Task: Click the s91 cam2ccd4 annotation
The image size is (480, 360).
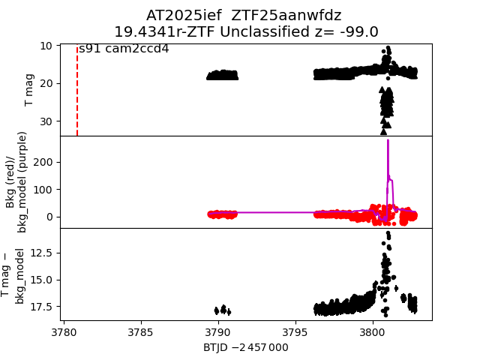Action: click(124, 49)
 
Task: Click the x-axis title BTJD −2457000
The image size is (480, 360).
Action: click(246, 348)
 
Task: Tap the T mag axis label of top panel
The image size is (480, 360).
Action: click(29, 90)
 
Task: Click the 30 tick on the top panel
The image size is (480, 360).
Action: click(46, 121)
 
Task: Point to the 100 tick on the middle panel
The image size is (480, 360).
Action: click(42, 189)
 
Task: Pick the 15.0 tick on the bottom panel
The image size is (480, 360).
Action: click(39, 280)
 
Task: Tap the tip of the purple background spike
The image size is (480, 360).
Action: click(388, 140)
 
